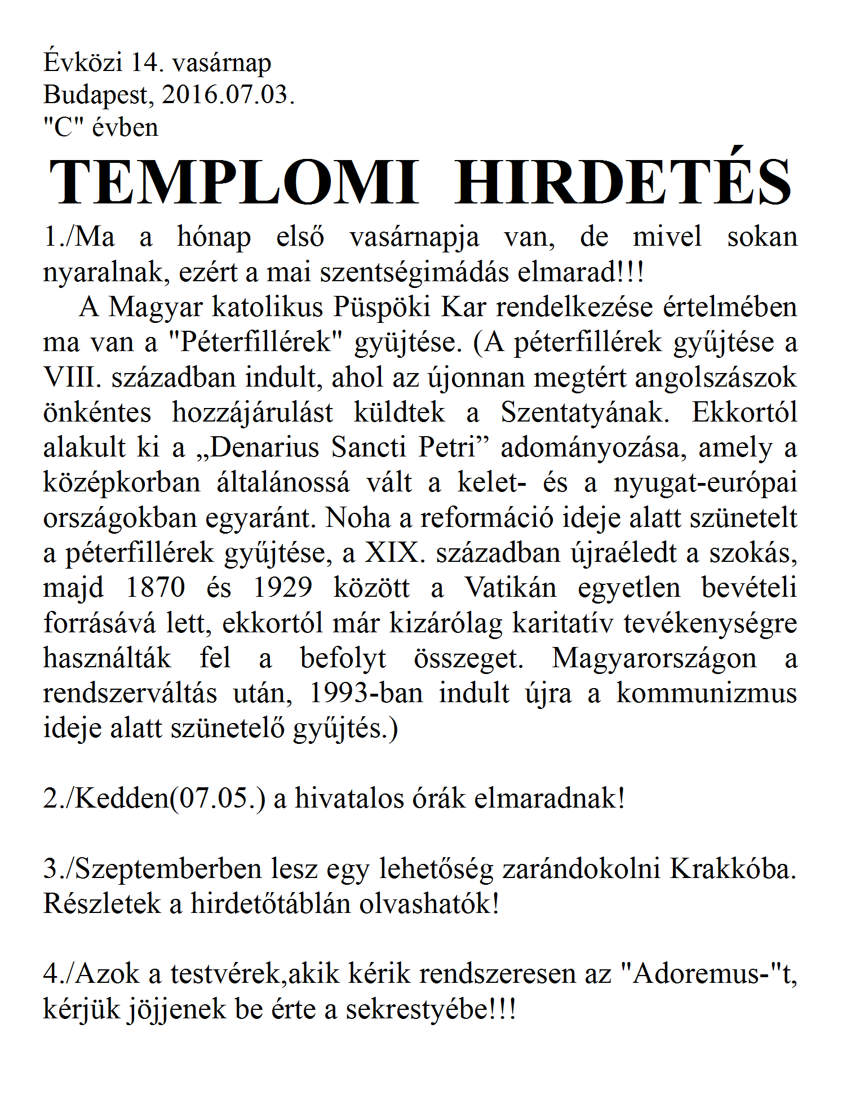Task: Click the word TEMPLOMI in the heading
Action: point(234,181)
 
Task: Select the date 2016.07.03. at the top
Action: point(228,94)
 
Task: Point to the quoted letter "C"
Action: point(64,127)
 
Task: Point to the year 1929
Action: point(282,587)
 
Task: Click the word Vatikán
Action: point(510,587)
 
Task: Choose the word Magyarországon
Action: point(654,658)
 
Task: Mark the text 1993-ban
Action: point(366,693)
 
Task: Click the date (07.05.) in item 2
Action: point(217,798)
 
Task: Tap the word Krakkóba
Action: point(733,868)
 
